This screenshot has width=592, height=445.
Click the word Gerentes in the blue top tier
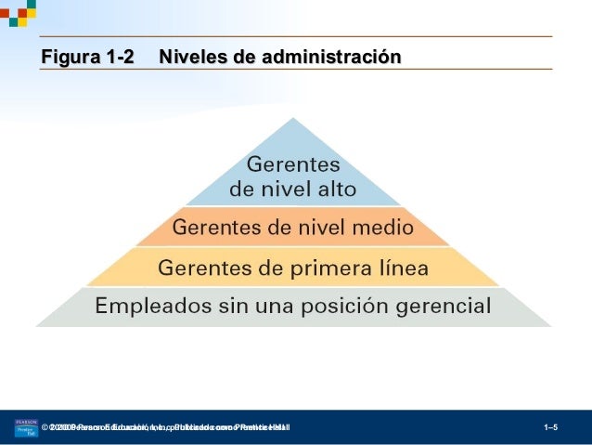293,166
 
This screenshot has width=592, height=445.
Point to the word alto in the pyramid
337,190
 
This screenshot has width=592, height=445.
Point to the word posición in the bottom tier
347,306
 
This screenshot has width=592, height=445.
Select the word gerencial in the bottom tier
445,306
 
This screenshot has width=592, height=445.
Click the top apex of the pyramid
293,119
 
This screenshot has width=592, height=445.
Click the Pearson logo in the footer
25,427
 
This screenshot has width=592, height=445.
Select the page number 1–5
550,427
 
